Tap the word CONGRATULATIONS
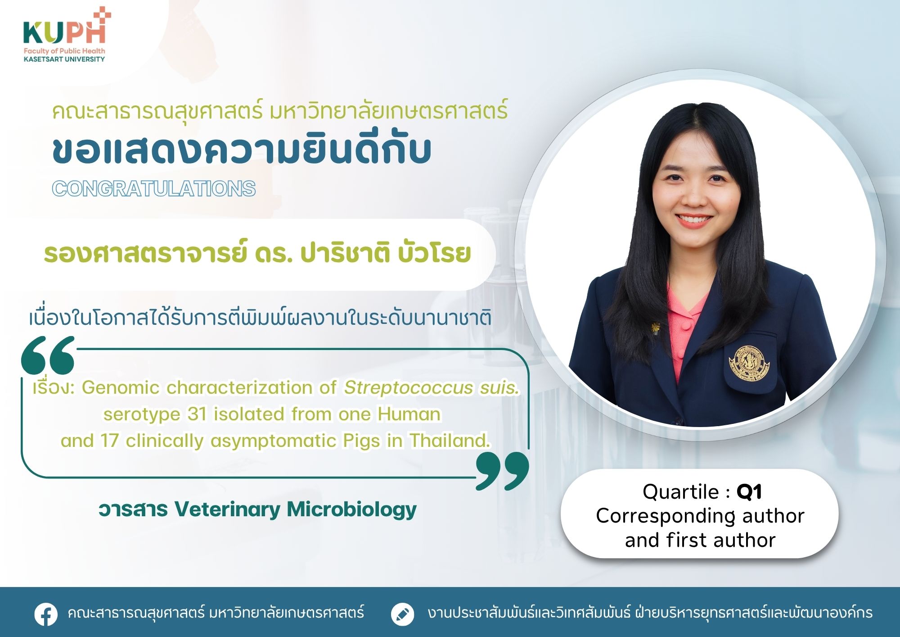pyautogui.click(x=154, y=188)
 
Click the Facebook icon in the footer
pyautogui.click(x=46, y=614)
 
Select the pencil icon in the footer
pyautogui.click(x=402, y=614)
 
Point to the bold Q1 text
pyautogui.click(x=749, y=492)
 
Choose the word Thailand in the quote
pyautogui.click(x=450, y=441)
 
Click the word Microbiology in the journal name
pyautogui.click(x=351, y=510)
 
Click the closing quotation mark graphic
pyautogui.click(x=502, y=471)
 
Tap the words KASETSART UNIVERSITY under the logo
pyautogui.click(x=64, y=59)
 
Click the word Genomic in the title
pyautogui.click(x=121, y=387)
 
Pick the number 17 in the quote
pyautogui.click(x=109, y=441)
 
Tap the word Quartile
pyautogui.click(x=681, y=492)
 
